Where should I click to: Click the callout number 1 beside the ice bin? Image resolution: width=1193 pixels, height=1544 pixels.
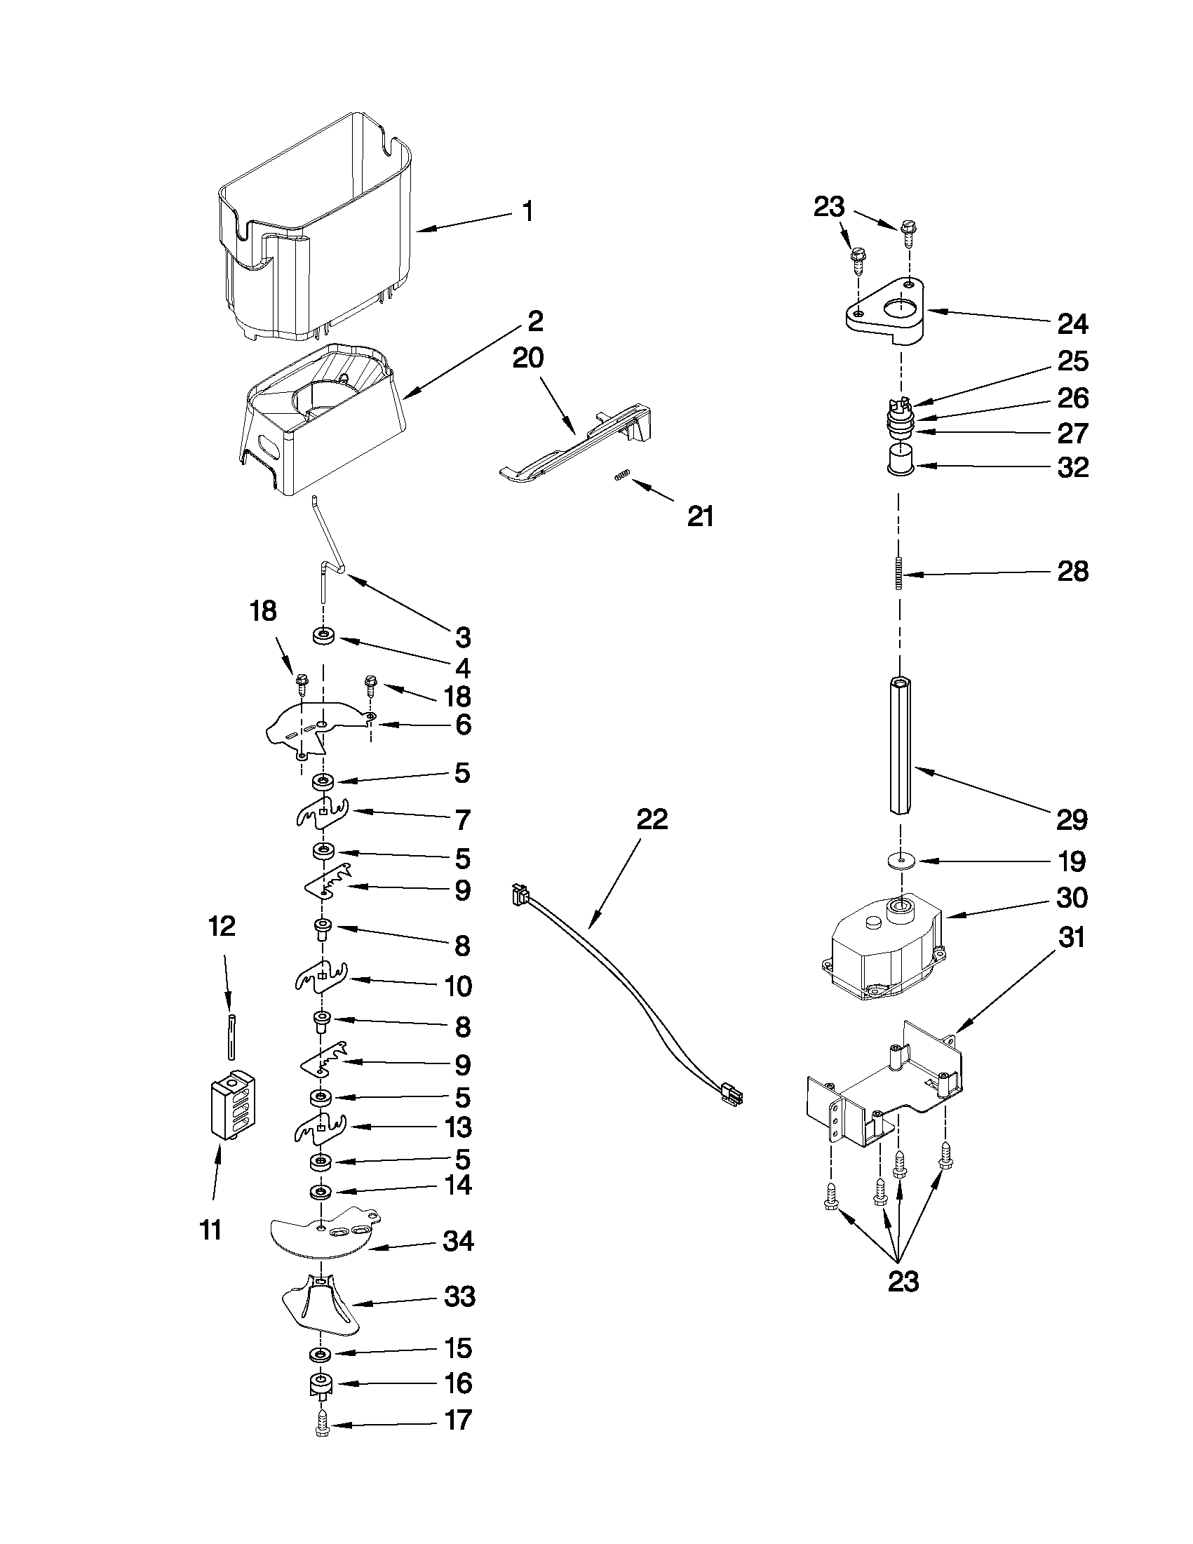[x=527, y=212]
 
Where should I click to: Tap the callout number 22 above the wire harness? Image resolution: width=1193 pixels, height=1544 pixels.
[x=652, y=819]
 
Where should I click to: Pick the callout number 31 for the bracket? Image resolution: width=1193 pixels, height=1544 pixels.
[x=1072, y=938]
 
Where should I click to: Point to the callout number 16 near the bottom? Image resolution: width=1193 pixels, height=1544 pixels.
[x=458, y=1383]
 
